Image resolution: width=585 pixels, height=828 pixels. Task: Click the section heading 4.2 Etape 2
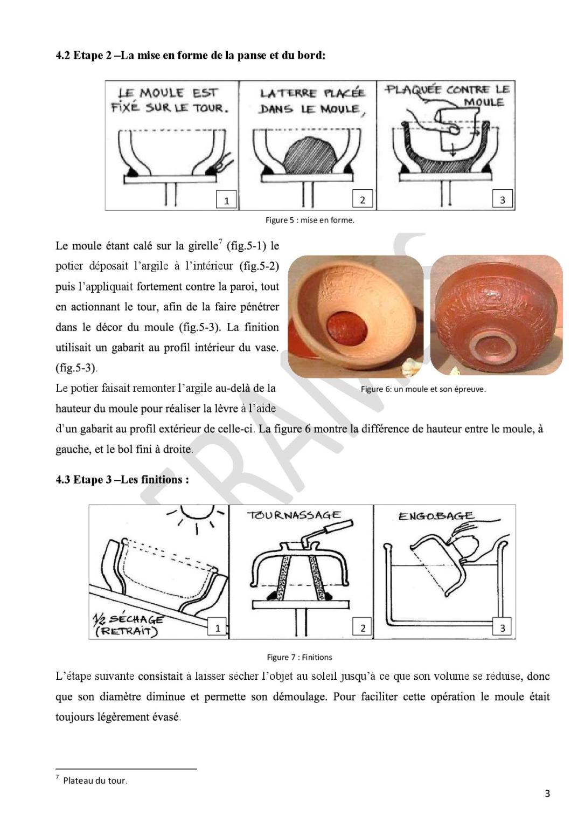pos(191,56)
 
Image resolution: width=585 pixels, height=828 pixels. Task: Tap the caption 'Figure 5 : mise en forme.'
pos(310,220)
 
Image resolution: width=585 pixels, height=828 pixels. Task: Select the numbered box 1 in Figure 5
pos(226,200)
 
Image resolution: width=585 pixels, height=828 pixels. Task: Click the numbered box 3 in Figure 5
pos(502,199)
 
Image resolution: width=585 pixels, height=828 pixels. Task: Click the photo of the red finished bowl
pos(496,315)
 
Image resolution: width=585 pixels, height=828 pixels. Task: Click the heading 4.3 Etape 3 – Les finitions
pos(122,480)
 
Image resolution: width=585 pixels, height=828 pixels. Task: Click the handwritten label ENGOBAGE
pos(436,516)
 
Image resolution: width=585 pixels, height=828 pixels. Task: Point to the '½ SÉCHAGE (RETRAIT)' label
pos(128,625)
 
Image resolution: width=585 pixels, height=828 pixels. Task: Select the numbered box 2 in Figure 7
pos(363,627)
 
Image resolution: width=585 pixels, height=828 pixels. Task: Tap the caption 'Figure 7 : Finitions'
pos(300,657)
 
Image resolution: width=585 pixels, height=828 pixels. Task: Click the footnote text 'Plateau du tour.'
pos(95,781)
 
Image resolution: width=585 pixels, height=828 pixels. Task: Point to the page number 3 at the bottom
pos(547,793)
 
